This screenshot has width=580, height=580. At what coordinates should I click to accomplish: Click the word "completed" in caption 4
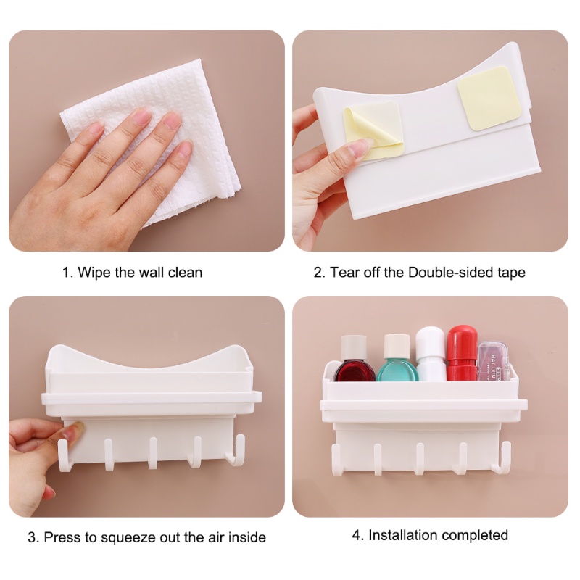tap(475, 536)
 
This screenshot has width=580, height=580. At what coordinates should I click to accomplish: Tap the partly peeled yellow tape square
tap(373, 131)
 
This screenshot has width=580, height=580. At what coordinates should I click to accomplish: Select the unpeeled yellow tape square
tap(489, 99)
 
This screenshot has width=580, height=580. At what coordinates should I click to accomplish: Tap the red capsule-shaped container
tap(462, 352)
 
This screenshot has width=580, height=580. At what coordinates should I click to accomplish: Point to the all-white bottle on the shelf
tap(431, 354)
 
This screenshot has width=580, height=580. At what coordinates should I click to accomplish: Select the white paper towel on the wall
tap(155, 141)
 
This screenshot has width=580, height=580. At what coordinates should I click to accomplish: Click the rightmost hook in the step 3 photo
tap(236, 450)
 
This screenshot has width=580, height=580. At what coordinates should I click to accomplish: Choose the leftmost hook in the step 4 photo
tap(336, 460)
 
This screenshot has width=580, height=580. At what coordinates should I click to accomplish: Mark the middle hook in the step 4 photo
tap(420, 459)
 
